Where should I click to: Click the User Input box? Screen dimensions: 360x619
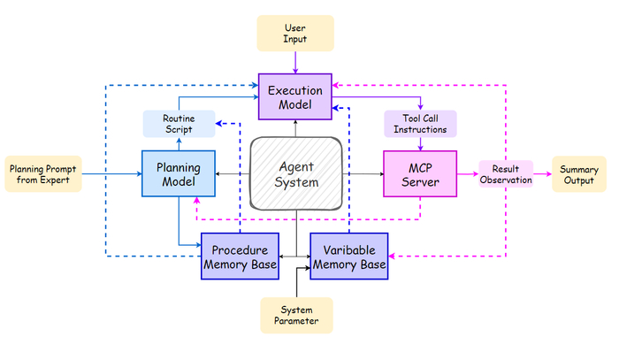click(295, 33)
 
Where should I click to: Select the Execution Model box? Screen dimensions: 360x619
click(295, 96)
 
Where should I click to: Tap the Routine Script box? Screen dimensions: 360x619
click(179, 124)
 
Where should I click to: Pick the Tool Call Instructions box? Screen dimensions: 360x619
click(420, 124)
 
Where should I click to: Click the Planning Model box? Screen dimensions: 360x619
click(179, 173)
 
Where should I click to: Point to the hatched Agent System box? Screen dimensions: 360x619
click(295, 173)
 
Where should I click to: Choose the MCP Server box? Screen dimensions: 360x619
click(420, 173)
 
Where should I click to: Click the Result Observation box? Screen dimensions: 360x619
click(506, 173)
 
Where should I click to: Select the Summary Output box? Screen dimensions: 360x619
click(579, 173)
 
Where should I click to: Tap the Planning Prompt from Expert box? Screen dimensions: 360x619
click(43, 173)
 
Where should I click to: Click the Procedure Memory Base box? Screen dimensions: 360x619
click(241, 257)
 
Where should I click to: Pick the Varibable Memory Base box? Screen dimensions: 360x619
click(348, 257)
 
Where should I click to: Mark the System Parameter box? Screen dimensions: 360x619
click(295, 316)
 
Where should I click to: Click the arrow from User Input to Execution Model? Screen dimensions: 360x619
click(295, 62)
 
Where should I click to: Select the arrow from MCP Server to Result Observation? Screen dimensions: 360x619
click(467, 173)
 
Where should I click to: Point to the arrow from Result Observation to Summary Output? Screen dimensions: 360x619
click(542, 173)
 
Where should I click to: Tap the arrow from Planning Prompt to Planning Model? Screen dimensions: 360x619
click(112, 173)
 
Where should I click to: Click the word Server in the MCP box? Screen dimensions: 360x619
click(420, 182)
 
